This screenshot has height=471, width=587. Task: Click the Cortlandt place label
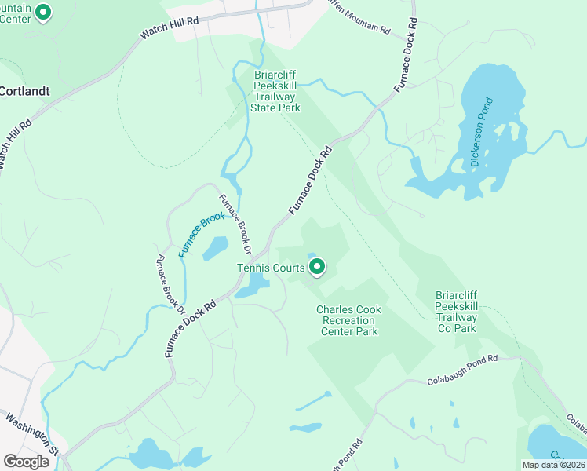click(24, 91)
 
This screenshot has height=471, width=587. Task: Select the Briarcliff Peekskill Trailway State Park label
click(277, 92)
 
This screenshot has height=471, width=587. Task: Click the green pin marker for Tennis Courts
click(317, 268)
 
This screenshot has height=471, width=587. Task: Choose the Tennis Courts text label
click(271, 268)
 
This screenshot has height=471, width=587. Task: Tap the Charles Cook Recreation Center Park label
click(349, 320)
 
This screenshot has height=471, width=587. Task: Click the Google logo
click(26, 462)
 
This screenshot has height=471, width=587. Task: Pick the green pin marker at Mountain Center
click(44, 13)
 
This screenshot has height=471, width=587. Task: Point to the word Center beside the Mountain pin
click(16, 19)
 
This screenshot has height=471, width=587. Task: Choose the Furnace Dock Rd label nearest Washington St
click(190, 329)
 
